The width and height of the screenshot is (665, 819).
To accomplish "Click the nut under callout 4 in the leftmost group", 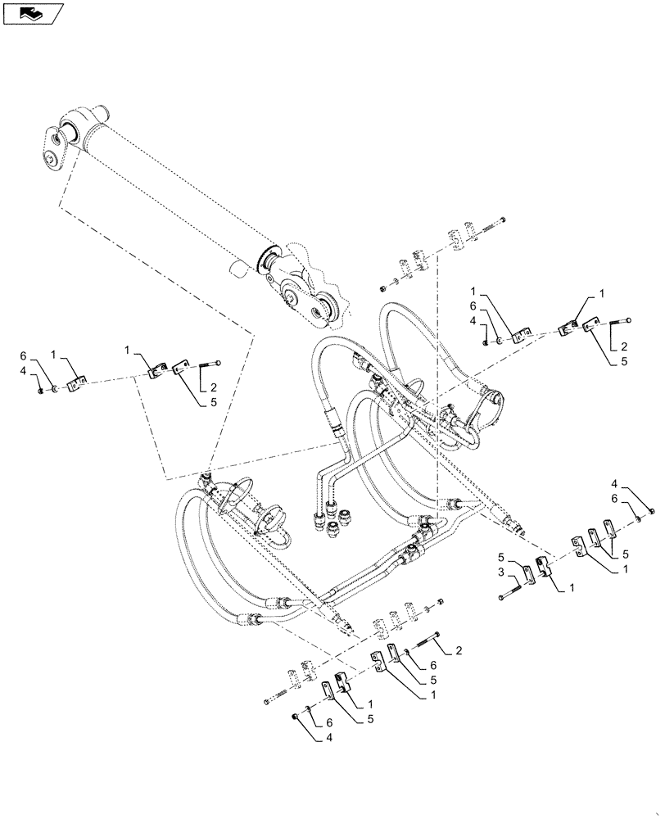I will click(x=41, y=389).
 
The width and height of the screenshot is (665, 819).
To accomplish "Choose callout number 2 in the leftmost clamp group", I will click(x=214, y=387).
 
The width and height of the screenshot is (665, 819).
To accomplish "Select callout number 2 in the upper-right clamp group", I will click(x=624, y=346).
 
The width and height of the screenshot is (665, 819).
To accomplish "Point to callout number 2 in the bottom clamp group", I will click(x=459, y=650).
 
